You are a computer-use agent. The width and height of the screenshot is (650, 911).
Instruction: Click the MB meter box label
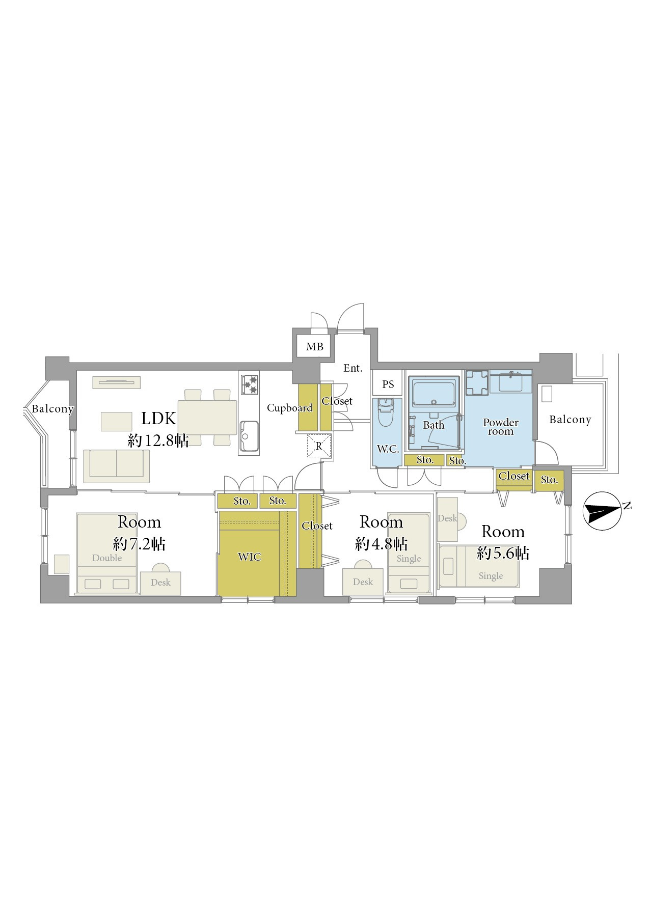tap(314, 347)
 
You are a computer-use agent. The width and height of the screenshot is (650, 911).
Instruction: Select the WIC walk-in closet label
tap(250, 557)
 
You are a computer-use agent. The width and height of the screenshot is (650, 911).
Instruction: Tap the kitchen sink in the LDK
tap(249, 436)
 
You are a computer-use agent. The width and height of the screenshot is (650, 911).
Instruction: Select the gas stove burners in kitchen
tap(250, 384)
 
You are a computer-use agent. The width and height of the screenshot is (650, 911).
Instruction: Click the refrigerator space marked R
tap(319, 446)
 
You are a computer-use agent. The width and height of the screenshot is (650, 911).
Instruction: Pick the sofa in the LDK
tap(117, 466)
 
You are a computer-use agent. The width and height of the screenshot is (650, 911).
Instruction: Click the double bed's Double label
tap(107, 558)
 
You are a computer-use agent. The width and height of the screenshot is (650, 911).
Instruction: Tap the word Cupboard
tap(289, 408)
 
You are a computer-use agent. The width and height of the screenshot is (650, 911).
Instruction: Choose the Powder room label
tap(501, 427)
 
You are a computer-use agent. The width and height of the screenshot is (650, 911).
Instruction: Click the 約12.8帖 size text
tap(158, 441)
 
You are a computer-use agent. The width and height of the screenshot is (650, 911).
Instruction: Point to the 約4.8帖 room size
tap(381, 544)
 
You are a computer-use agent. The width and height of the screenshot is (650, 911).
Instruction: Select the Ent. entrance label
tap(353, 368)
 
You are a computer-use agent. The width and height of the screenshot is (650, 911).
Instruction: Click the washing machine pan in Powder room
tap(477, 383)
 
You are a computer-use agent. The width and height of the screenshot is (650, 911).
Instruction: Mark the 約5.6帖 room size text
tap(503, 554)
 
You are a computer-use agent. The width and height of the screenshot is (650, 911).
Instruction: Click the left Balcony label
tap(52, 409)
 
